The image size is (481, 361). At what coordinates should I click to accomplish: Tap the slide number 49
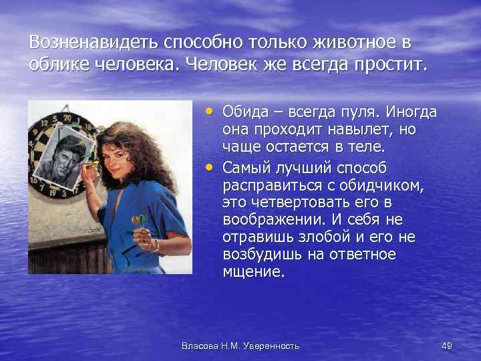click(x=447, y=346)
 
